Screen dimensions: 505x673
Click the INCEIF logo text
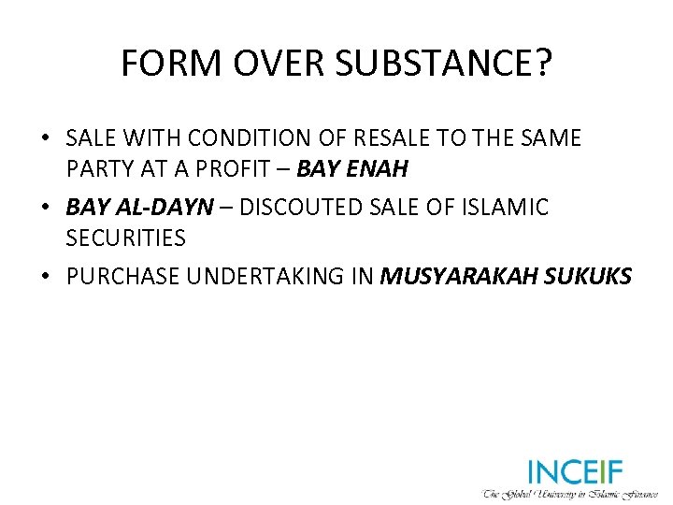pos(575,470)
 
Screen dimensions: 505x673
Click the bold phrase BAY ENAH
pos(351,170)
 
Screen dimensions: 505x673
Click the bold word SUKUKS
pos(586,276)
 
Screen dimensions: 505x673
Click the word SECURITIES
pos(126,238)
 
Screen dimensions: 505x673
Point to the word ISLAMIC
pos(509,207)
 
